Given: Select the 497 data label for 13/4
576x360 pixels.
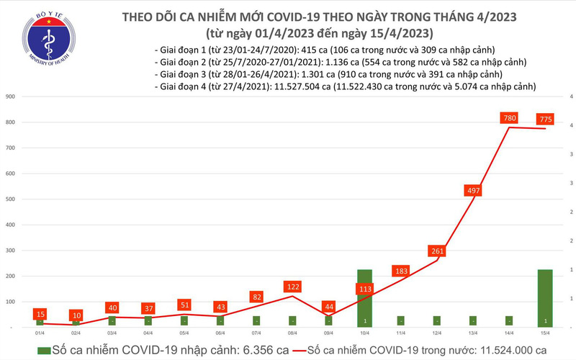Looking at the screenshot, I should (x=473, y=190).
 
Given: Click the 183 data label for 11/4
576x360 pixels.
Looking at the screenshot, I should (x=401, y=271).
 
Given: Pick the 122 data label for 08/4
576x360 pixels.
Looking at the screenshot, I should (x=292, y=286).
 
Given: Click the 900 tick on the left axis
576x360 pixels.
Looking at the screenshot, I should (x=11, y=96).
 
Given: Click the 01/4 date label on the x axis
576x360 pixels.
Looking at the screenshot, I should (x=40, y=333).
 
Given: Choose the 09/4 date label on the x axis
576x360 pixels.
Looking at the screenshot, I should (x=328, y=333).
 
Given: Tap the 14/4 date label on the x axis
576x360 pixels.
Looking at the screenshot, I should (x=509, y=333).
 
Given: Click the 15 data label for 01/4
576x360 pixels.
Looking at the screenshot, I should (x=40, y=314).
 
